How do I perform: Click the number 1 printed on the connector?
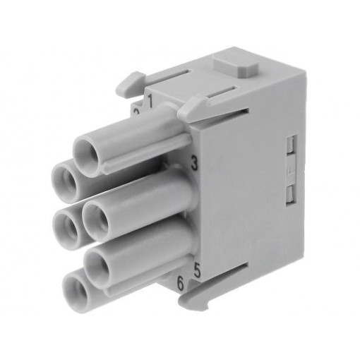pyautogui.click(x=150, y=98)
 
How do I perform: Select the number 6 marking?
pyautogui.click(x=181, y=284)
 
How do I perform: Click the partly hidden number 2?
pyautogui.click(x=136, y=112)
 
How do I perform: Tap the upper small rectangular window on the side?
pyautogui.click(x=289, y=145)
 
